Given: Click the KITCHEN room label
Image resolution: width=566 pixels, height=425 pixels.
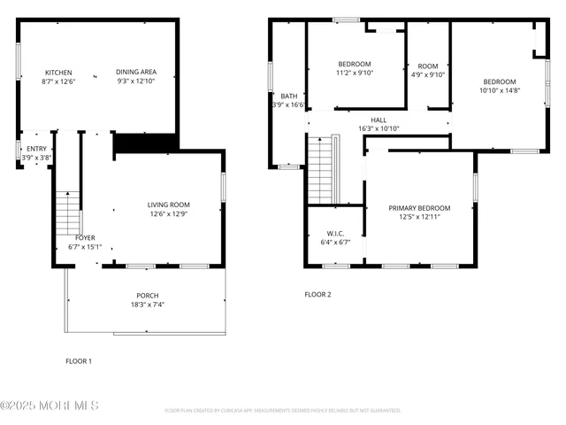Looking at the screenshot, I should pyautogui.click(x=58, y=73).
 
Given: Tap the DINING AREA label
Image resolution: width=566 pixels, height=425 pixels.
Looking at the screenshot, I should pyautogui.click(x=135, y=73).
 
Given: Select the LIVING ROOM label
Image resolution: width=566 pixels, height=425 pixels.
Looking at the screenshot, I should pyautogui.click(x=168, y=205).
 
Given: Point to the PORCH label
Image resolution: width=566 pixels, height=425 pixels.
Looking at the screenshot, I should pyautogui.click(x=147, y=296).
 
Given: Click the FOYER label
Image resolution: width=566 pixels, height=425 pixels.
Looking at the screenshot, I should pyautogui.click(x=85, y=237).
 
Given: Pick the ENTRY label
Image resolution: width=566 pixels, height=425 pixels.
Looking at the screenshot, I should pyautogui.click(x=36, y=149).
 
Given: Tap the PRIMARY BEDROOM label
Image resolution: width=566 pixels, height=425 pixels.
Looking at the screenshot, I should pyautogui.click(x=419, y=208).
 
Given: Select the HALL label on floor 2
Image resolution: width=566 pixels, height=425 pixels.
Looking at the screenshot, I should pyautogui.click(x=379, y=120).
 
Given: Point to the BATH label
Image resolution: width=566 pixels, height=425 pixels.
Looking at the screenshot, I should pyautogui.click(x=289, y=96).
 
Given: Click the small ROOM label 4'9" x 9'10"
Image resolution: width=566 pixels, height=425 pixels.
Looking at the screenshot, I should pyautogui.click(x=428, y=66).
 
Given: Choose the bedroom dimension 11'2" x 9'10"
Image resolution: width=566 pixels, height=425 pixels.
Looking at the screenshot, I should pyautogui.click(x=354, y=73).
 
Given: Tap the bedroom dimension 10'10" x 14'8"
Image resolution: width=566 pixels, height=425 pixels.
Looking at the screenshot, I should pyautogui.click(x=499, y=90).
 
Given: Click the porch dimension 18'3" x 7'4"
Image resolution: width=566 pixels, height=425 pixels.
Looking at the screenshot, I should pyautogui.click(x=147, y=305).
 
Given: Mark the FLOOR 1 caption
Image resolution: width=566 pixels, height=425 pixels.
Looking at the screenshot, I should pyautogui.click(x=79, y=360).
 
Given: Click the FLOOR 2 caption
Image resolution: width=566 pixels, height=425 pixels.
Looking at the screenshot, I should pyautogui.click(x=317, y=294).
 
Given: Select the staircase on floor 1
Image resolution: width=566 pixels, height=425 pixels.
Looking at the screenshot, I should pyautogui.click(x=68, y=212).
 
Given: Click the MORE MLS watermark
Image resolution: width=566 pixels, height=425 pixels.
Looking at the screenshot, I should pyautogui.click(x=50, y=406).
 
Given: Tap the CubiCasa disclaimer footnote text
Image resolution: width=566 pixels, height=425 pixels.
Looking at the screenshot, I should pyautogui.click(x=283, y=411).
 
